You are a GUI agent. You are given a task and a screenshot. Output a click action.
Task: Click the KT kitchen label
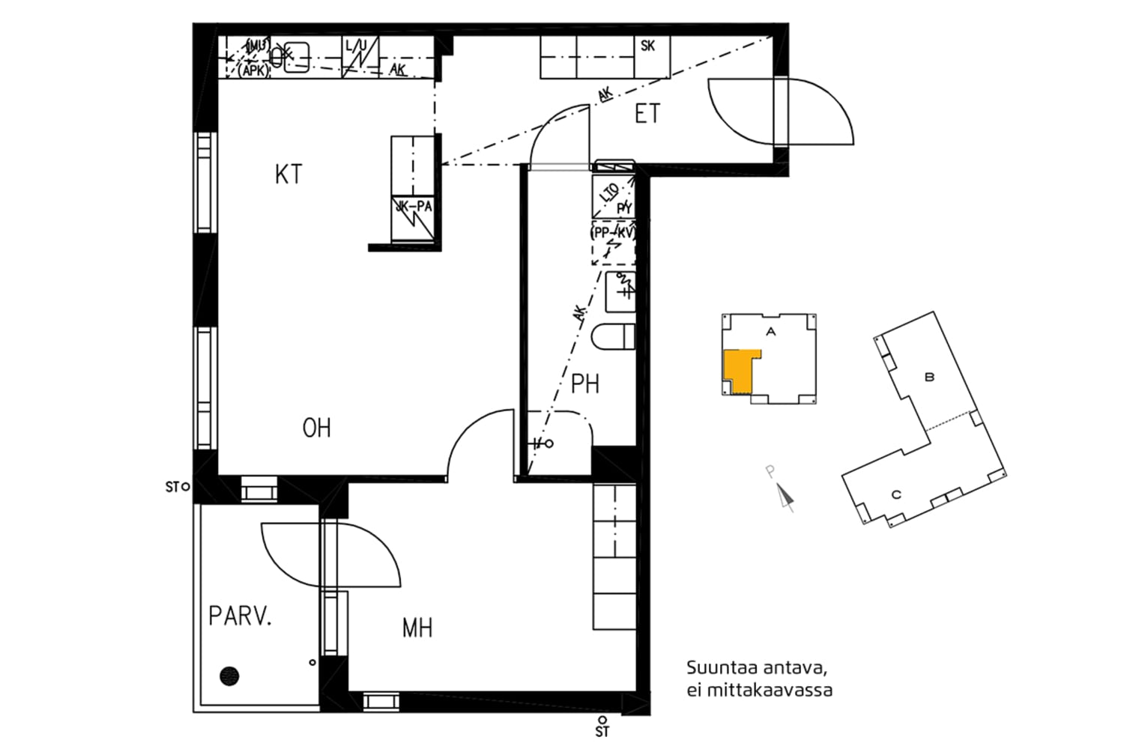(288, 175)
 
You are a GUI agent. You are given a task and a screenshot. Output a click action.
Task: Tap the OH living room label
(316, 428)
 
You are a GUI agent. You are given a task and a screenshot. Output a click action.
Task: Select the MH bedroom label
(417, 628)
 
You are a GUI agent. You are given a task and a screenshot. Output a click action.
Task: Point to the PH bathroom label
(585, 384)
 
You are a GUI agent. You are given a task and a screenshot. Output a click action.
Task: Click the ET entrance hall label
(647, 115)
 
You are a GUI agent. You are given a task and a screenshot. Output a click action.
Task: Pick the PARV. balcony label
(240, 617)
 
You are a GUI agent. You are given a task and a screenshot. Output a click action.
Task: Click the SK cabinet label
(648, 46)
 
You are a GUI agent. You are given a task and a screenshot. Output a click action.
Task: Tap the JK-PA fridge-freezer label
(414, 207)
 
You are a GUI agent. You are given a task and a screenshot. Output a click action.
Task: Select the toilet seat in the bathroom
(613, 337)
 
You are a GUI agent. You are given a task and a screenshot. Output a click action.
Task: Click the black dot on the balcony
(229, 676)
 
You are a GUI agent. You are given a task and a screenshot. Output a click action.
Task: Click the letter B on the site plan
(929, 377)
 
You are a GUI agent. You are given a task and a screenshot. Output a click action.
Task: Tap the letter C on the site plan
(895, 494)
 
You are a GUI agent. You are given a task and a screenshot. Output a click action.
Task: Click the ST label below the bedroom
(602, 731)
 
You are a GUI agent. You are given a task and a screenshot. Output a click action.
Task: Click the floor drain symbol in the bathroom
(549, 444)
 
